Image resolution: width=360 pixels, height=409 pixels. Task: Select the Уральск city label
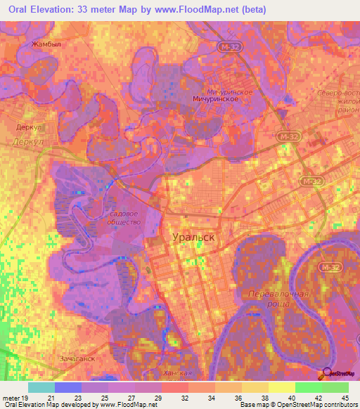tap(193, 238)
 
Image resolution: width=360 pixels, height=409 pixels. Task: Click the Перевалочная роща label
tap(279, 297)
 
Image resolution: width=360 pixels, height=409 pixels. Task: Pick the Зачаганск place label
tap(77, 358)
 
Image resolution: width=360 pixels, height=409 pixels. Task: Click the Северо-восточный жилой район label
tap(337, 102)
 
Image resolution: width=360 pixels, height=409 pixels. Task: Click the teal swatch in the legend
tap(41, 387)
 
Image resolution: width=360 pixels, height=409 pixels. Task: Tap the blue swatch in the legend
tap(68, 387)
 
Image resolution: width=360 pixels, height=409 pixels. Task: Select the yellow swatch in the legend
tap(282, 387)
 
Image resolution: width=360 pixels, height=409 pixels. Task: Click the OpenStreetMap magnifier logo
tap(327, 374)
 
